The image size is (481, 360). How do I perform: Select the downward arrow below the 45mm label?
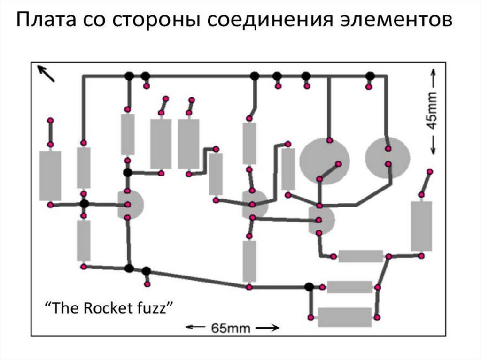click(432, 146)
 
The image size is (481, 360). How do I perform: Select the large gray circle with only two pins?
click(388, 158)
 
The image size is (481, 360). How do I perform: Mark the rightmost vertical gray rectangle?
click(421, 226)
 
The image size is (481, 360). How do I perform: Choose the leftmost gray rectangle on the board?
click(50, 176)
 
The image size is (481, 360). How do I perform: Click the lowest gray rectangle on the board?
click(345, 317)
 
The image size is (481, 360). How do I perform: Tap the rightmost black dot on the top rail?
click(370, 76)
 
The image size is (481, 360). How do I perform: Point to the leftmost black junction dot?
click(84, 204)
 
